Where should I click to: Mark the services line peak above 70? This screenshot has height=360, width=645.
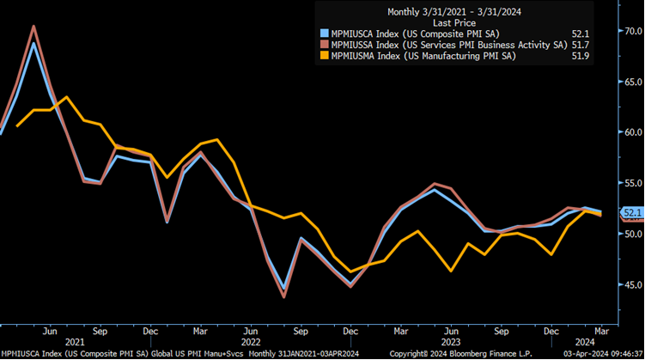pyautogui.click(x=33, y=26)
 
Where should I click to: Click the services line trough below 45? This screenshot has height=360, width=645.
pyautogui.click(x=283, y=297)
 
